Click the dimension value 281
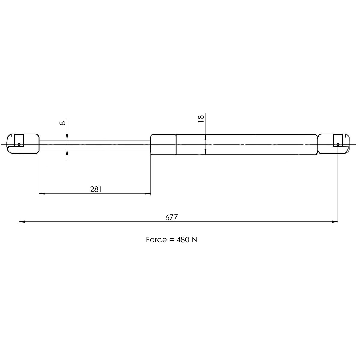[x=96, y=189]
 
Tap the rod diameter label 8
[x=62, y=123]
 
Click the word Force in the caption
[x=156, y=240]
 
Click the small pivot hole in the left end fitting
[x=19, y=145]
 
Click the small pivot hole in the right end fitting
[x=338, y=145]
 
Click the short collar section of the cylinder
[x=163, y=144]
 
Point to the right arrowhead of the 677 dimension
[x=336, y=222]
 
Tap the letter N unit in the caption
[x=194, y=240]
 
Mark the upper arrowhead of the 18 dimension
[x=205, y=137]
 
